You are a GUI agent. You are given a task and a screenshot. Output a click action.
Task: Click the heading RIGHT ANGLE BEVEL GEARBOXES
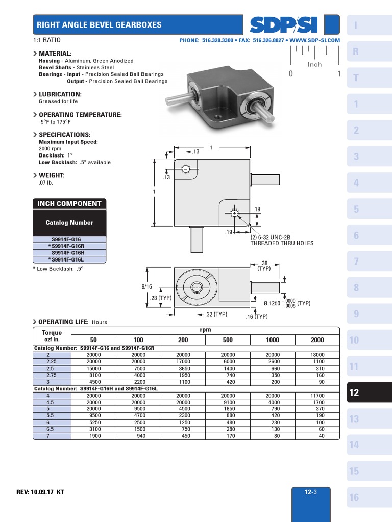pyautogui.click(x=99, y=25)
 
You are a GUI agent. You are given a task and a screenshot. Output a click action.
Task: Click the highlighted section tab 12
pyautogui.click(x=355, y=393)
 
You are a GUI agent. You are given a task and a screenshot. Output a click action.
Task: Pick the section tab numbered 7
pyautogui.click(x=356, y=262)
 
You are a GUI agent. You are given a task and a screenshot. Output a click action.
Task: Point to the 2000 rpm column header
pyautogui.click(x=317, y=340)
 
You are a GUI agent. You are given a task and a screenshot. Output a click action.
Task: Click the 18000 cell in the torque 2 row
pyautogui.click(x=317, y=355)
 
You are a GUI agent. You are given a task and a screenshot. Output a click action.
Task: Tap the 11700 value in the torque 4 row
pyautogui.click(x=317, y=396)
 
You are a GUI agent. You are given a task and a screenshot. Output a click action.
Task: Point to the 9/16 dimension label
pyautogui.click(x=147, y=287)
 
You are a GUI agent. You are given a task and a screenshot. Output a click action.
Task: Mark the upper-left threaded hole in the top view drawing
pyautogui.click(x=186, y=169)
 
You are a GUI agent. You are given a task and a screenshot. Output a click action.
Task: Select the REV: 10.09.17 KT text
pyautogui.click(x=40, y=492)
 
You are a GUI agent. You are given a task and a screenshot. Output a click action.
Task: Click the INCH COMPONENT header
pyautogui.click(x=69, y=204)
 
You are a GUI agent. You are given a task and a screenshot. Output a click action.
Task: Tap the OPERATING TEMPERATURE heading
pyautogui.click(x=80, y=115)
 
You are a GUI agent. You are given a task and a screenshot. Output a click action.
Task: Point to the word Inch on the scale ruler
pyautogui.click(x=315, y=65)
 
